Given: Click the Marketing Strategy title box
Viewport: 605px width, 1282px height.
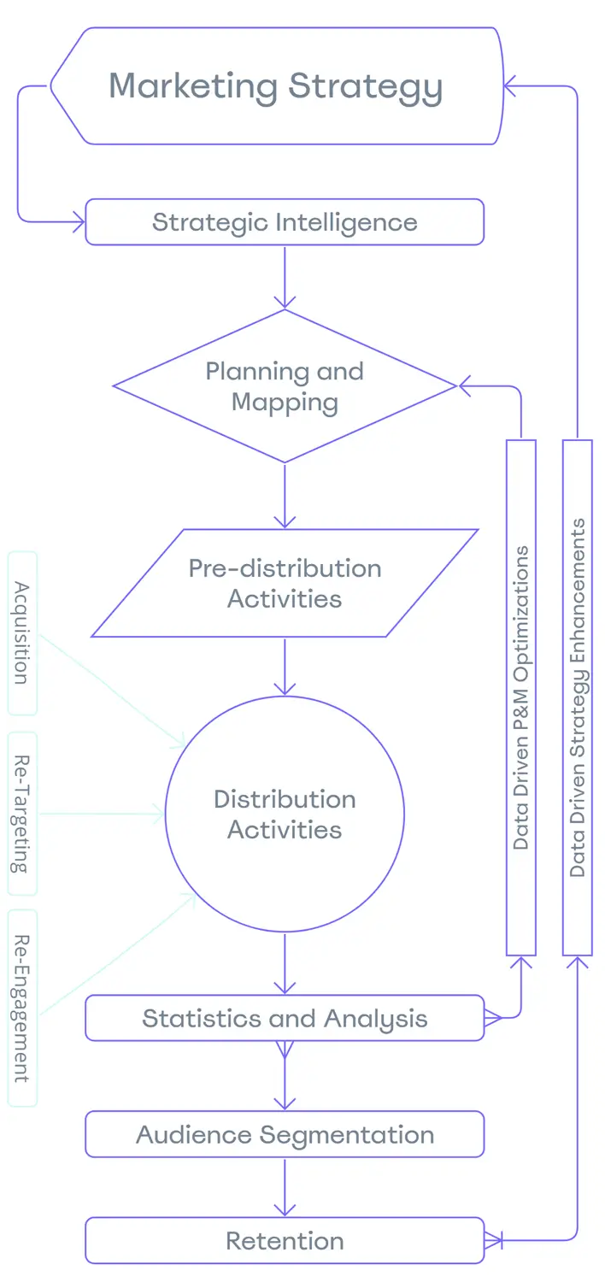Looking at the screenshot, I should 276,86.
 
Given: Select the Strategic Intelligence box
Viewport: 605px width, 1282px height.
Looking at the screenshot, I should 285,222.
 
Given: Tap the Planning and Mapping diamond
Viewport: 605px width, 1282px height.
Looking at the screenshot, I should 285,386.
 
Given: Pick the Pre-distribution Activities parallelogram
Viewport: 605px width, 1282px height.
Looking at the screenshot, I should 285,583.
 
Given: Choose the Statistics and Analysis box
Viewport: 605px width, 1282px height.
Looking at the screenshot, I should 285,1018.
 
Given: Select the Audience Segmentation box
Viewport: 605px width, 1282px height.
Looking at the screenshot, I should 285,1134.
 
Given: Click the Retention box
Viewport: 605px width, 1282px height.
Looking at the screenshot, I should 285,1241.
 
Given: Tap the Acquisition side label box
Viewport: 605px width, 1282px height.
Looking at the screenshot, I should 22,632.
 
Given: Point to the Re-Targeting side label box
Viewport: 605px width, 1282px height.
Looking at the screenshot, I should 22,813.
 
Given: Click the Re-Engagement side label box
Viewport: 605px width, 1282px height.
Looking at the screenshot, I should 22,1008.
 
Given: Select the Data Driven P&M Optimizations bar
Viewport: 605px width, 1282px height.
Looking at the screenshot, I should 521,697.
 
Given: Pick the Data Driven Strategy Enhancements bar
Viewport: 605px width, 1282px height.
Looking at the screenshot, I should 578,697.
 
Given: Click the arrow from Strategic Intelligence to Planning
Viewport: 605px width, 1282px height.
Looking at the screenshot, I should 285,276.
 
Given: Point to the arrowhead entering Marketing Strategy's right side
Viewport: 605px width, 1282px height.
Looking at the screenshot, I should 511,86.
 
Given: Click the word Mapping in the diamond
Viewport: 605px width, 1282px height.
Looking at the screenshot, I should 285,403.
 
